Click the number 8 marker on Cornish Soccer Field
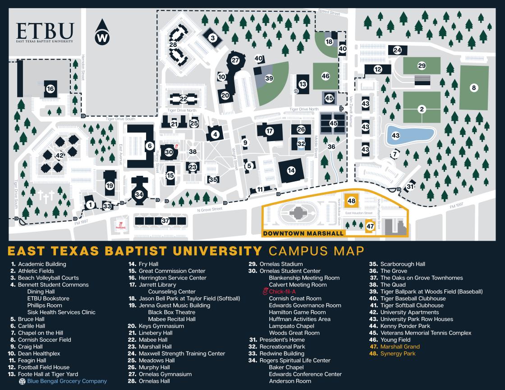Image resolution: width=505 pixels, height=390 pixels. tap(473, 87)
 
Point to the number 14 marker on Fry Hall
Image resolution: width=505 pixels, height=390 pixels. tap(291, 170)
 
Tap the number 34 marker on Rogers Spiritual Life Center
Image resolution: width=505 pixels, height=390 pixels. tap(139, 194)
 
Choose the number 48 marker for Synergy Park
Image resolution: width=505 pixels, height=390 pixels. tap(352, 201)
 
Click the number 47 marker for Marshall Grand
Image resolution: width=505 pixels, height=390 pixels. tap(370, 225)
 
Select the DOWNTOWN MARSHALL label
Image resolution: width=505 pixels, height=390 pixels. tap(303, 234)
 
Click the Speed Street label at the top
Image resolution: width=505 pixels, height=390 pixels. tap(329, 13)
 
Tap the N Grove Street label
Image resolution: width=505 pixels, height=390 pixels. tap(211, 209)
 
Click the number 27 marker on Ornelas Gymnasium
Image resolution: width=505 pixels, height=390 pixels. tap(235, 60)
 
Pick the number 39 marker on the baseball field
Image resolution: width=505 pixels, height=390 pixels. tap(269, 78)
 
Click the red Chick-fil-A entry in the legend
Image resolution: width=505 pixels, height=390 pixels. tap(282, 292)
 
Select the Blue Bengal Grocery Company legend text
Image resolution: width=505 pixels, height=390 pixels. tap(67, 381)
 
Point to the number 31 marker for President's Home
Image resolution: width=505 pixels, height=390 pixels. tap(410, 186)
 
